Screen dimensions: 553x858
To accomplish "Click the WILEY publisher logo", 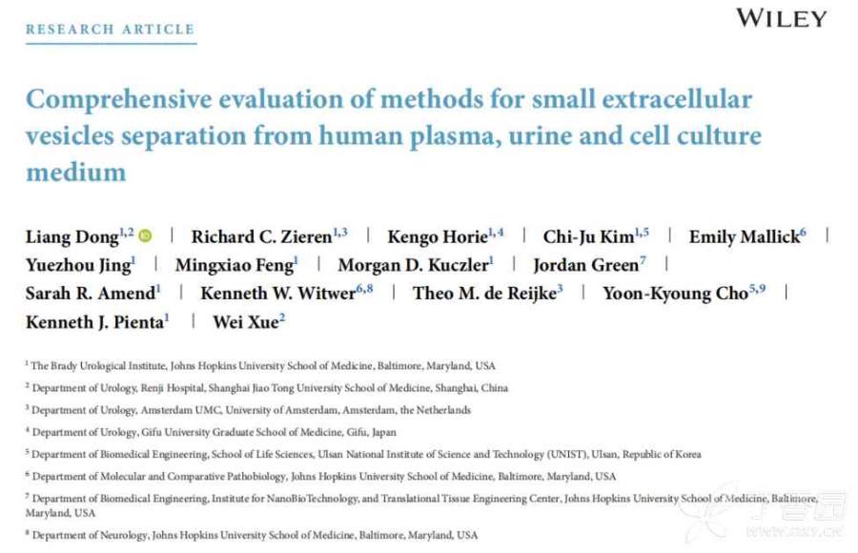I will [x=781, y=18].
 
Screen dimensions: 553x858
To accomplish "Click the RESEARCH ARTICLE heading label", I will [x=110, y=30].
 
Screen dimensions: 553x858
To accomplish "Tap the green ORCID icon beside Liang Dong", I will [x=145, y=236].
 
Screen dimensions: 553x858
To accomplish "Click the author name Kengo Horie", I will [x=437, y=236].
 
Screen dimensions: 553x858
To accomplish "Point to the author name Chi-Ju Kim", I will [x=589, y=236].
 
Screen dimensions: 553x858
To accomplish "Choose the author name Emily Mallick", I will [x=743, y=236].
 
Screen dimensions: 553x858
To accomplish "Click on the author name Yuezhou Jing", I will [x=78, y=265].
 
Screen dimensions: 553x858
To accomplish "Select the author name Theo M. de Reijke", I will [x=483, y=294].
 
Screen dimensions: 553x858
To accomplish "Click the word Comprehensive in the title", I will [x=119, y=99].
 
